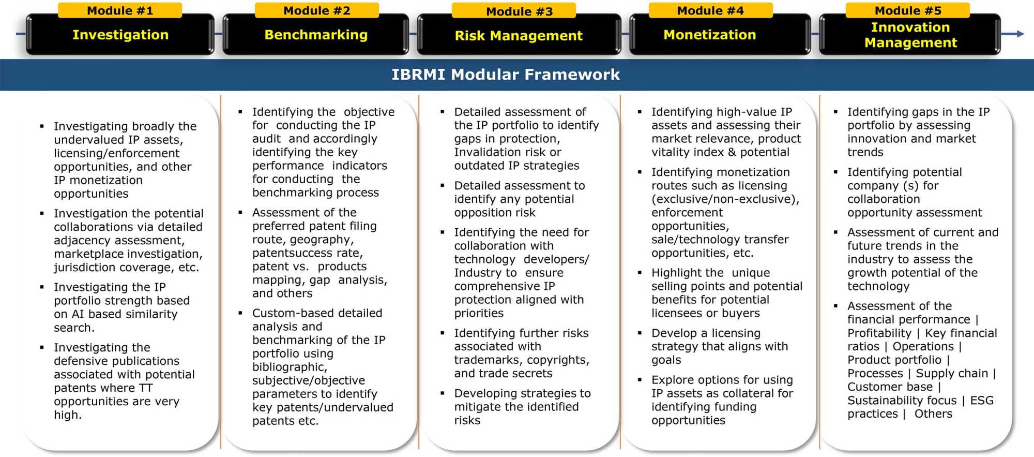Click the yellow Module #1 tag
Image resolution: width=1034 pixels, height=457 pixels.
pos(119,10)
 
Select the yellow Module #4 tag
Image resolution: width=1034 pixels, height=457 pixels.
pos(710,10)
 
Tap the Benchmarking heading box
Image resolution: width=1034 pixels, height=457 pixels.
pos(315,35)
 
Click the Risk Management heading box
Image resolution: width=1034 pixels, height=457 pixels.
pos(519,36)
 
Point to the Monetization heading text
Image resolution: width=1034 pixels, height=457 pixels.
pos(709,35)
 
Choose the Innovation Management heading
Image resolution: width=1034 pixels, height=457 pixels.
pos(910,35)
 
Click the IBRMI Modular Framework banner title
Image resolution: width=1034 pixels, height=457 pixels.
pos(505,75)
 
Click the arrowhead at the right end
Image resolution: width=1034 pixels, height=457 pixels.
pos(1020,34)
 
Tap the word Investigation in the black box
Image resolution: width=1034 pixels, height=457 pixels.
pos(120,35)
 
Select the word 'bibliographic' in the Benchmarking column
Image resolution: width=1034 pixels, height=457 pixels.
pos(289,367)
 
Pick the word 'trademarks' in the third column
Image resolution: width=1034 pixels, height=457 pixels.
pos(486,360)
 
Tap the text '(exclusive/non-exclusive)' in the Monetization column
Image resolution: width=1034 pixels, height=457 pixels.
pos(725,199)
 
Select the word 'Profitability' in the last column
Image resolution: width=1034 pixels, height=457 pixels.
pos(879,333)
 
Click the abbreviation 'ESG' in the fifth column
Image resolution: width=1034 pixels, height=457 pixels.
pos(981,401)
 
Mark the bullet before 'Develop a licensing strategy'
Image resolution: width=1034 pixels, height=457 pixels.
pos(640,333)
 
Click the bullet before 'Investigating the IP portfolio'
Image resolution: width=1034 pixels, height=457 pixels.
pos(42,287)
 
